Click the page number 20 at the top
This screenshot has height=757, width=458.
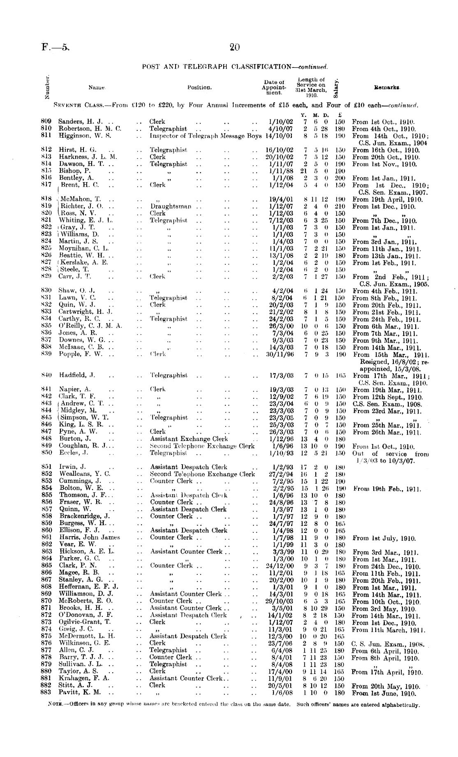(x=234, y=48)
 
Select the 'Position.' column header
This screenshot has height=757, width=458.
(x=200, y=87)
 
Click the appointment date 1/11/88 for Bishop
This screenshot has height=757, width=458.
(x=280, y=171)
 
